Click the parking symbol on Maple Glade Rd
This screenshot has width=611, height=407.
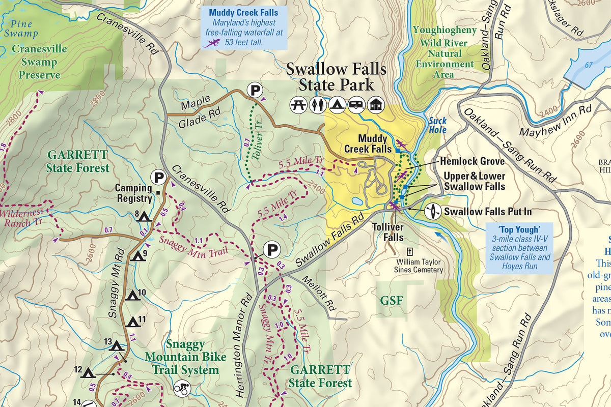tap(255, 91)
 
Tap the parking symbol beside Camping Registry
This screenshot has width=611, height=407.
tap(159, 178)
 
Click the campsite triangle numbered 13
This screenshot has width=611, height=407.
tap(117, 346)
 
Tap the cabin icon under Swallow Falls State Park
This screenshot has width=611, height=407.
tap(375, 105)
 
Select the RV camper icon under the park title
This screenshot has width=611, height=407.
tap(355, 105)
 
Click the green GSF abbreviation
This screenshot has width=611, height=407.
tap(392, 300)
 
